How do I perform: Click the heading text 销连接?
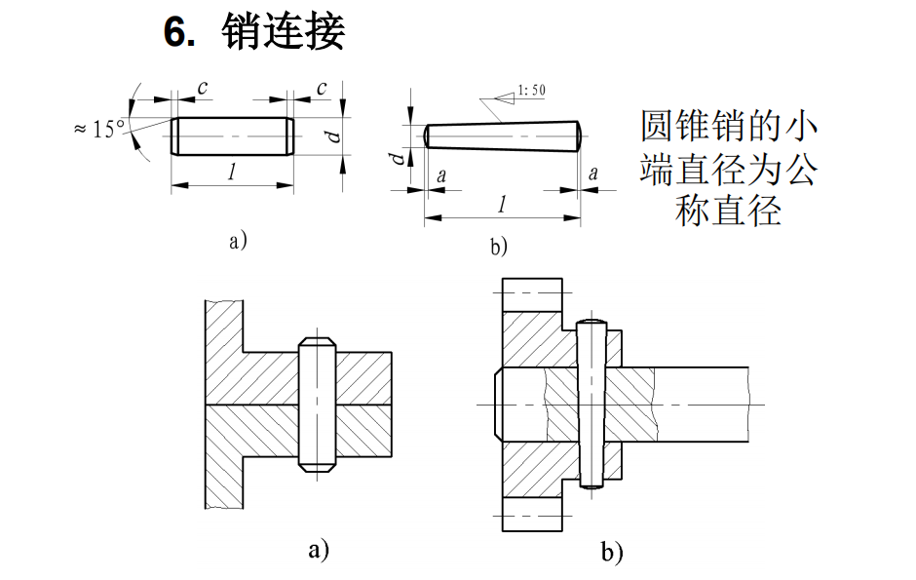pos(284,33)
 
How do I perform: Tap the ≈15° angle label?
pos(99,129)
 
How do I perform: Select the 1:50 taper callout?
pos(531,91)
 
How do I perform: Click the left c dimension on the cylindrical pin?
pos(202,87)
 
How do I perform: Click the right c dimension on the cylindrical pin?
pos(321,87)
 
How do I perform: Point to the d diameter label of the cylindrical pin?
pos(334,135)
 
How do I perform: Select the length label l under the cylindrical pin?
pos(231,174)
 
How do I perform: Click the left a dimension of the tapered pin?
pos(442,175)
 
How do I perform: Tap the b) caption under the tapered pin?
pos(499,247)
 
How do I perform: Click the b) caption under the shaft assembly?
pos(611,553)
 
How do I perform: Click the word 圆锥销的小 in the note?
pos(729,128)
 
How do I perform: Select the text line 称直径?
pos(729,212)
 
